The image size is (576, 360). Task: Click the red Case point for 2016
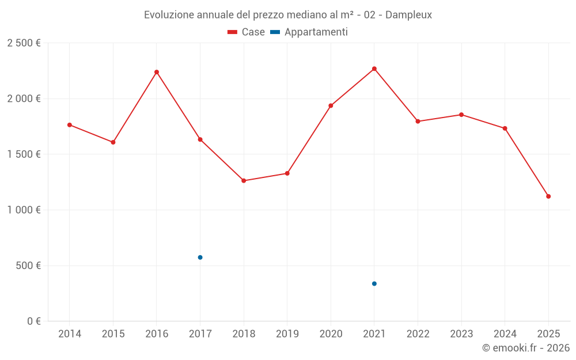pos(157,72)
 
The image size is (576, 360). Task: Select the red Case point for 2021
pos(374,69)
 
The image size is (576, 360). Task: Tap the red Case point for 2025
pos(548,196)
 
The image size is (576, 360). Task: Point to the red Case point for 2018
pos(244,181)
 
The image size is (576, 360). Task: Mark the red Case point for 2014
pos(70,125)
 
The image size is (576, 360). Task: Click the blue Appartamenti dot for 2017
pos(200,257)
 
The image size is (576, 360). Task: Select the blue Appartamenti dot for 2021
pos(374,283)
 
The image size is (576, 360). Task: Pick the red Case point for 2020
pos(331,106)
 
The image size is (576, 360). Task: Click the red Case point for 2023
pos(461,115)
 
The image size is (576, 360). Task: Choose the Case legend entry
pos(247,32)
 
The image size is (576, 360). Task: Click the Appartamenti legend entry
pos(309,32)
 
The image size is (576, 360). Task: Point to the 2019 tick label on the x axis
pos(287,334)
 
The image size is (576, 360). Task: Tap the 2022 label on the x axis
pos(418,334)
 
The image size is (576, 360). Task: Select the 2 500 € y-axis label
pos(24,43)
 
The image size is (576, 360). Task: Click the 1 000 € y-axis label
pos(24,210)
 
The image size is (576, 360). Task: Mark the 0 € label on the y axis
pos(33,321)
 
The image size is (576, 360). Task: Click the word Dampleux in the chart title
pos(408,15)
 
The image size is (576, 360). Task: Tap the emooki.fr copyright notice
pos(526,348)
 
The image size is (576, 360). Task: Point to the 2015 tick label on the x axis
pos(113,334)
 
